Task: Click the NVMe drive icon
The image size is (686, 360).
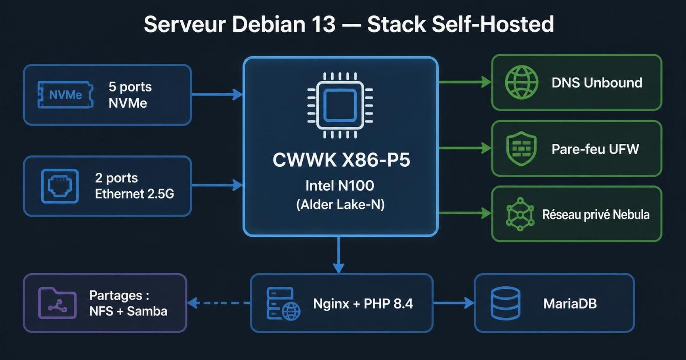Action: click(65, 95)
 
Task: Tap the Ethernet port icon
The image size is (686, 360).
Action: click(60, 186)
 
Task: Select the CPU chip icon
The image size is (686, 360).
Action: click(340, 105)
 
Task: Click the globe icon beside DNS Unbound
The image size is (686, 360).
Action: click(522, 82)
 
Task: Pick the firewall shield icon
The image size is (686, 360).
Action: click(522, 149)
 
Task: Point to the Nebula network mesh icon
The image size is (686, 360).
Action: click(520, 214)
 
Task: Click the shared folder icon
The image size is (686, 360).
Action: click(57, 303)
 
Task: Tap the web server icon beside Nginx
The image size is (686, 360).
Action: click(283, 304)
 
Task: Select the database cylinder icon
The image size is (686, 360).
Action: click(505, 303)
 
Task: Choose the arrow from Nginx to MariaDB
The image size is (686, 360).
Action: click(454, 303)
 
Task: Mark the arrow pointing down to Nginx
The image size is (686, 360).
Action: click(338, 255)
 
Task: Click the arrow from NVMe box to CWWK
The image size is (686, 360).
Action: click(218, 94)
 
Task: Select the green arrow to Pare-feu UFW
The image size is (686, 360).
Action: click(465, 148)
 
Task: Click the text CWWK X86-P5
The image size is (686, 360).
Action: click(341, 160)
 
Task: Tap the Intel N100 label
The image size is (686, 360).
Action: click(340, 185)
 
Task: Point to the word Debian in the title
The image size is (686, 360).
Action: click(269, 24)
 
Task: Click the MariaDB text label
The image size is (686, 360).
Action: click(570, 303)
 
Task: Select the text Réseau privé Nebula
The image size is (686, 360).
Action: click(596, 214)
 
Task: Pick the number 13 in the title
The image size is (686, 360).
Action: click(323, 24)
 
